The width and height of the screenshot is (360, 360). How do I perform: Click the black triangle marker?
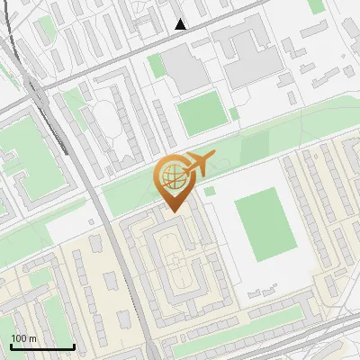(181, 24)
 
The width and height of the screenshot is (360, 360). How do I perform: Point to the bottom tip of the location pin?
(172, 211)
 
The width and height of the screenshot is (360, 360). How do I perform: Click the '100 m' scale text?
(23, 338)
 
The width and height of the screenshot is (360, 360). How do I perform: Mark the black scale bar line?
(42, 346)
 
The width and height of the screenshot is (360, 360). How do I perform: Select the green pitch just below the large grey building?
(201, 114)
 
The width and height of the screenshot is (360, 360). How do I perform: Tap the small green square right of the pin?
(210, 191)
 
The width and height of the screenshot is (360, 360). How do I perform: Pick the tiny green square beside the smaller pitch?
(234, 113)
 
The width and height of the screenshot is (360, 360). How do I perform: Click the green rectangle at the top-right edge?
(316, 5)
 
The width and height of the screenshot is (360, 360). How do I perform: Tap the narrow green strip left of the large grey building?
(156, 65)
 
